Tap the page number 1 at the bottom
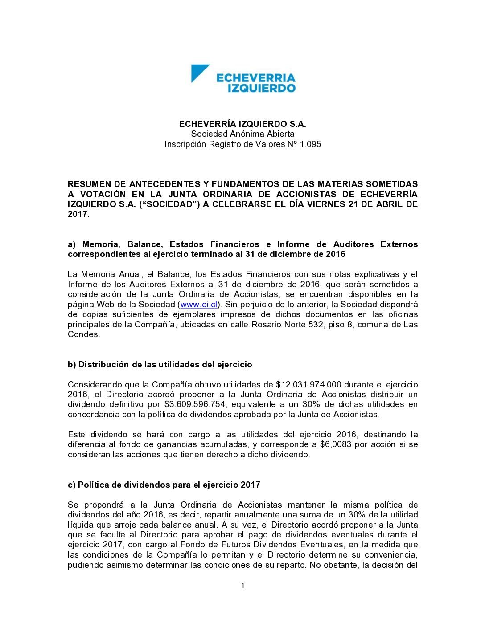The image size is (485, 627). click(x=243, y=586)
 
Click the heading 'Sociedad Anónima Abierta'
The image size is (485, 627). click(x=242, y=134)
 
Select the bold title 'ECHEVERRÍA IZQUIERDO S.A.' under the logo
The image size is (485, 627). click(x=242, y=124)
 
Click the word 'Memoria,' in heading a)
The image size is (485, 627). click(x=101, y=244)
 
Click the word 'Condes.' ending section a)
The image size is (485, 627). click(x=84, y=334)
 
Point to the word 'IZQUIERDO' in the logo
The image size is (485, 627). click(x=261, y=88)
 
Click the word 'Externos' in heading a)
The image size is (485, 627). click(x=399, y=244)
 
